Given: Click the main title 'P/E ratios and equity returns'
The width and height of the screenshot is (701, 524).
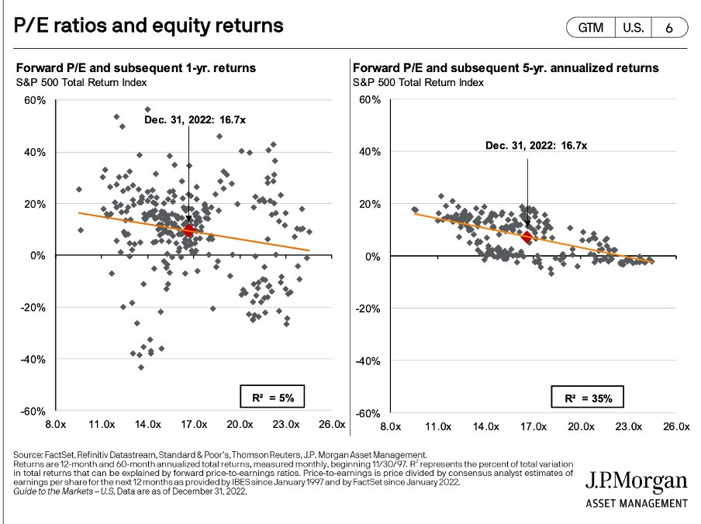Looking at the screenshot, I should pos(149,26).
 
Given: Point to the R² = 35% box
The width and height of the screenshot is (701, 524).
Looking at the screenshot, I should pos(593,398).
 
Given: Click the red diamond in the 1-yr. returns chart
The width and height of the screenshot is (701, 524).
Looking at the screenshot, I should pos(188,230).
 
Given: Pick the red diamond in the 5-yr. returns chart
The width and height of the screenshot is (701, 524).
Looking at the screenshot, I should pos(527,237).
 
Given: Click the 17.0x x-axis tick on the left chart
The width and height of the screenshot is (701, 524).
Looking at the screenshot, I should pos(194,426).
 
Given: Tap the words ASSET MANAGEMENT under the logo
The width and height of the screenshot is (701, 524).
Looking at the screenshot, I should pos(636,503).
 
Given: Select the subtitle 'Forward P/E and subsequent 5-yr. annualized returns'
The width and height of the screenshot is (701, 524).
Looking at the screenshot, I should pos(506,68).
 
